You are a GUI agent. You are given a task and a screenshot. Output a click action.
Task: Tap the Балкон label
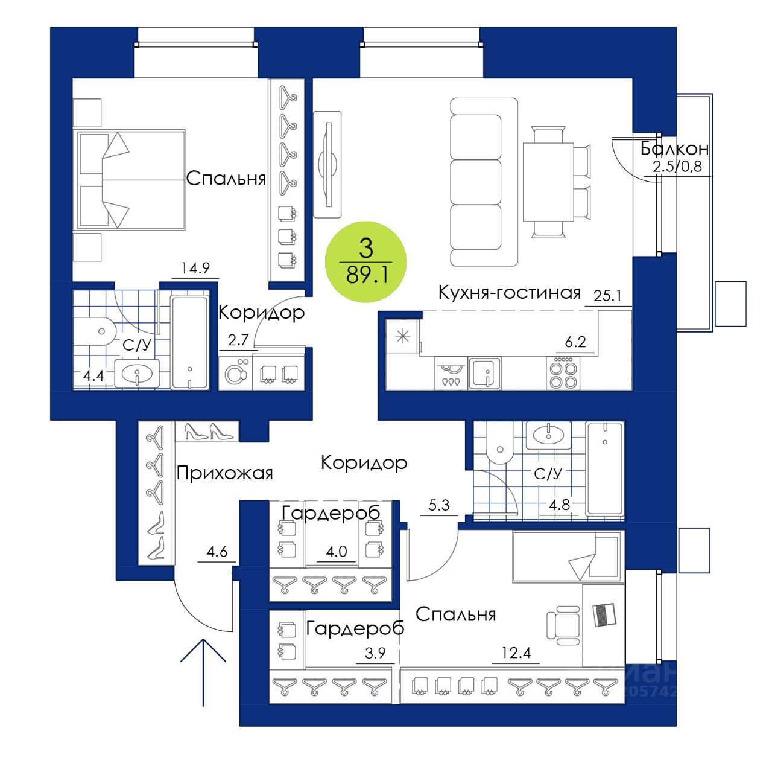[674, 148]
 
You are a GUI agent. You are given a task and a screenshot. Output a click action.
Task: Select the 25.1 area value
[607, 296]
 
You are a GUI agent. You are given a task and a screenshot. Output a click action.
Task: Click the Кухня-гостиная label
[509, 293]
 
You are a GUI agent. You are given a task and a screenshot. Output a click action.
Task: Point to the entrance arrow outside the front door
[203, 671]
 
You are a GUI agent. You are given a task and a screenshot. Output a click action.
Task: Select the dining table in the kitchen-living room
[548, 182]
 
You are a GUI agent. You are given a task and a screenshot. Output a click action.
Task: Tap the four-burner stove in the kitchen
[563, 374]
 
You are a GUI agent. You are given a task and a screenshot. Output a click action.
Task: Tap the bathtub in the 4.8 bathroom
[605, 468]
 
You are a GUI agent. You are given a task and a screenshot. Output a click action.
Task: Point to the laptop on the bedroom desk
[604, 614]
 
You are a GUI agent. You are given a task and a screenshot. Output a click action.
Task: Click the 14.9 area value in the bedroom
[195, 268]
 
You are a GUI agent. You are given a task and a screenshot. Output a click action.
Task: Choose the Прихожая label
[224, 473]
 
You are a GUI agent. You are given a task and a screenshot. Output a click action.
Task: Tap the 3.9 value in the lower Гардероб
[375, 653]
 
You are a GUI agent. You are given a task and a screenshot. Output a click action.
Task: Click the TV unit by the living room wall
[328, 164]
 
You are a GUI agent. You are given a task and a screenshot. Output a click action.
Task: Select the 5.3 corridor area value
[438, 505]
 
